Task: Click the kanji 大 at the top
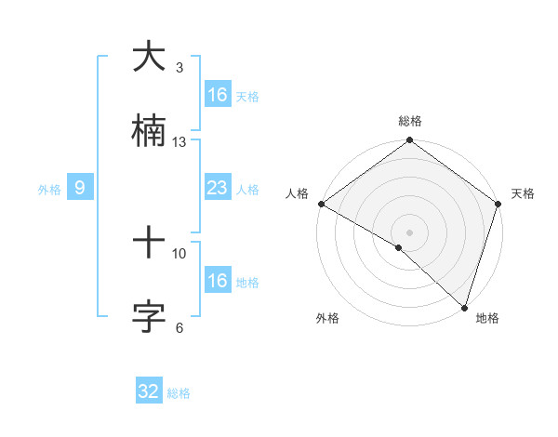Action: [149, 59]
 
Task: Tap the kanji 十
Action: [149, 245]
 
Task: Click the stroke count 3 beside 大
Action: [179, 67]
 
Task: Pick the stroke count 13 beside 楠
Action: [179, 141]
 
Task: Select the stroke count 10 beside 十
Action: [179, 253]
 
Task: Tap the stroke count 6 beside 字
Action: [179, 327]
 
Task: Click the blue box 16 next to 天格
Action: [217, 95]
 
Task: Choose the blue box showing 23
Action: [217, 189]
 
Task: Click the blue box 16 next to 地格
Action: [217, 281]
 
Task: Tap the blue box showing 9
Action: [80, 189]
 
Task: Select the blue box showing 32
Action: [149, 391]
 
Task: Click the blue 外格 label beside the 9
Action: [49, 190]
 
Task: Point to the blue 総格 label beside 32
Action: [179, 393]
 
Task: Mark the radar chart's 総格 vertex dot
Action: [409, 141]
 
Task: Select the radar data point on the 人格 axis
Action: [321, 204]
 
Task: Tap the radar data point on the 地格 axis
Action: [464, 308]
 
